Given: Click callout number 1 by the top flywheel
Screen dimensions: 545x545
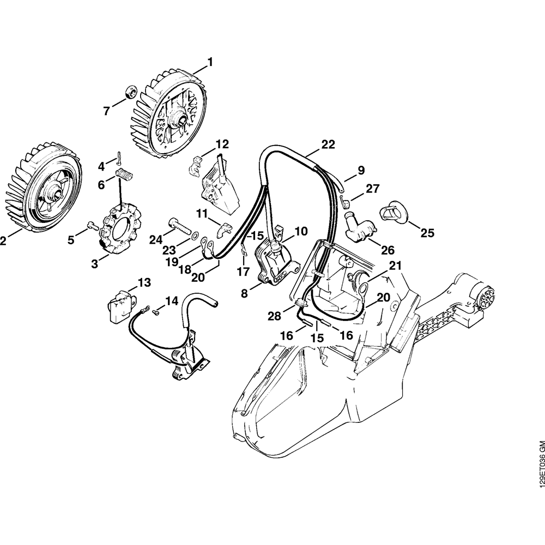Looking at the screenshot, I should tap(210, 62).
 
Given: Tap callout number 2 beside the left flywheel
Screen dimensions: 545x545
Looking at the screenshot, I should tap(3, 240).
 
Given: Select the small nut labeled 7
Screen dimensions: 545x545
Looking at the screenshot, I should tap(130, 91).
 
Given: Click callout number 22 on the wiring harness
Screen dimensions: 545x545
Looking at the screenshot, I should tap(328, 144).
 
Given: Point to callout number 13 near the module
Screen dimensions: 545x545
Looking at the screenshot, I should tap(144, 282).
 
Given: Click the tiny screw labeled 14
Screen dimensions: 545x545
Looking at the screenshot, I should tap(155, 312).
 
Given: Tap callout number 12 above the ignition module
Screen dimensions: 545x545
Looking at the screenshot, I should tap(222, 144).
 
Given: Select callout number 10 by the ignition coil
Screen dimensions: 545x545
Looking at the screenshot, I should tap(301, 231).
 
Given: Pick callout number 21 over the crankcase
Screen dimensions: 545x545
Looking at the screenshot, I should tap(395, 265).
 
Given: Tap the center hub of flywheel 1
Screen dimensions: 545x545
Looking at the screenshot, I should tap(180, 116).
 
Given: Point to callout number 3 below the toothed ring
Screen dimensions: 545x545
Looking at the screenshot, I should tap(95, 264).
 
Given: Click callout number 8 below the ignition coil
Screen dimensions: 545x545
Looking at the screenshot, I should tap(244, 293).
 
